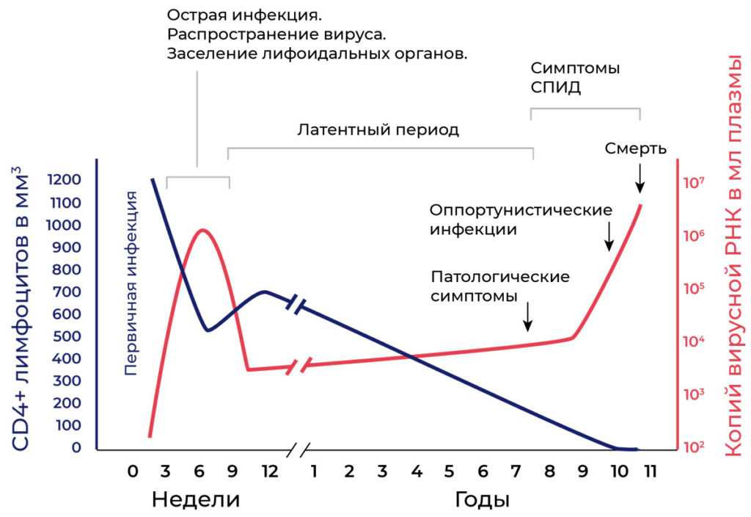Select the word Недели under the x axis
tap(196, 500)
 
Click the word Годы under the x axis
tap(483, 500)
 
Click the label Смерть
tap(635, 148)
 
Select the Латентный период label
tap(378, 130)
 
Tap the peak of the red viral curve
tap(202, 230)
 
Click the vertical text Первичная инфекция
tap(132, 283)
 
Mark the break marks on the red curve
tap(301, 364)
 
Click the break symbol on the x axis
tap(297, 449)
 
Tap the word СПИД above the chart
tap(555, 88)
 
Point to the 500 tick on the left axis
tap(67, 336)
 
